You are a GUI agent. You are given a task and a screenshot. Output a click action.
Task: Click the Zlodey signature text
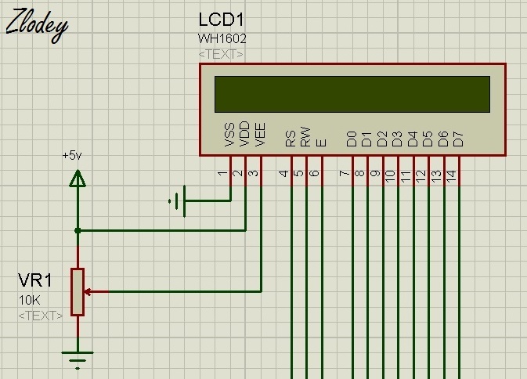pos(37,26)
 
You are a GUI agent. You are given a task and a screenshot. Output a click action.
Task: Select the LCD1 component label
pos(221,20)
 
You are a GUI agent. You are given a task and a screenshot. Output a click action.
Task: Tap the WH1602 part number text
pos(222,38)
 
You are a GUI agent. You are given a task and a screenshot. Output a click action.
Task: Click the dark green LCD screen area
pos(352,94)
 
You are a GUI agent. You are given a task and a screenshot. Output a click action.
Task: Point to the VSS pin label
pos(229,135)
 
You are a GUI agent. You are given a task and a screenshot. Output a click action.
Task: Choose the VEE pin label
pos(260,135)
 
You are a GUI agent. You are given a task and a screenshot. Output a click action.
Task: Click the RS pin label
pos(291,139)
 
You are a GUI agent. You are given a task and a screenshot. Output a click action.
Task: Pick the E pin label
pos(321,143)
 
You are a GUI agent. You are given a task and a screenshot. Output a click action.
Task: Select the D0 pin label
pos(352,139)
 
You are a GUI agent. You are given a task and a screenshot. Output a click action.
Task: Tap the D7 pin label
pos(458,139)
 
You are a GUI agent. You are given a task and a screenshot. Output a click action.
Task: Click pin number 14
pos(451,176)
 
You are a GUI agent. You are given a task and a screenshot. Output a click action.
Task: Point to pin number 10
pos(390,176)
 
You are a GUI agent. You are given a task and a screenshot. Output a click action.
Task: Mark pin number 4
pos(283,173)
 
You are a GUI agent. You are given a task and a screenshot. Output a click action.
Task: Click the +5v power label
pos(72,156)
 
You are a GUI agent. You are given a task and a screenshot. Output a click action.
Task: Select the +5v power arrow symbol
pos(78,178)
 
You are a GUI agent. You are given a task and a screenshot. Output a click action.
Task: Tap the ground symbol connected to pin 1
pos(178,201)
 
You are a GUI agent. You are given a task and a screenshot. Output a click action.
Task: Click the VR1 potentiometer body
pos(78,292)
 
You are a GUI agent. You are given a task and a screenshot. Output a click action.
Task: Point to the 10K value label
pos(29,300)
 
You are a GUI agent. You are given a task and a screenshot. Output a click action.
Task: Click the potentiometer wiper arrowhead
pos(88,292)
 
